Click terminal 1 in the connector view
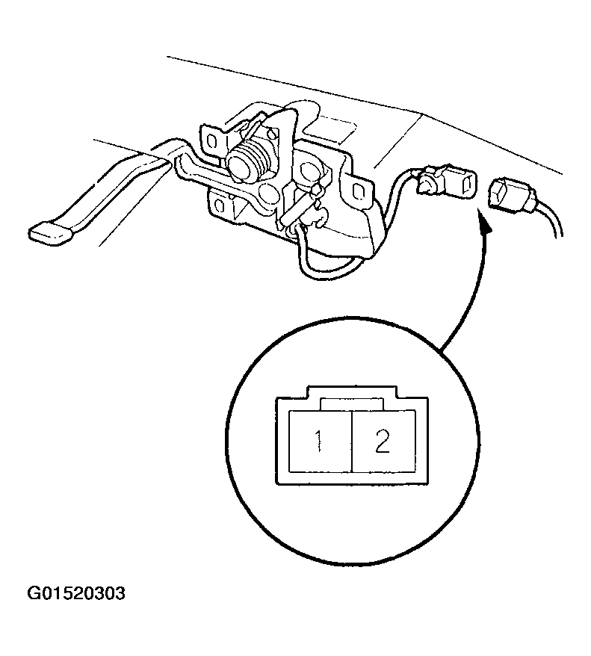tap(321, 442)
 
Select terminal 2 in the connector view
tap(384, 442)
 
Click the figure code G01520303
tap(76, 593)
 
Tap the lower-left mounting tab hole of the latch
tap(220, 205)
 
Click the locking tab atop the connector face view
tap(352, 392)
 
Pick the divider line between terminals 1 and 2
tap(352, 442)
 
